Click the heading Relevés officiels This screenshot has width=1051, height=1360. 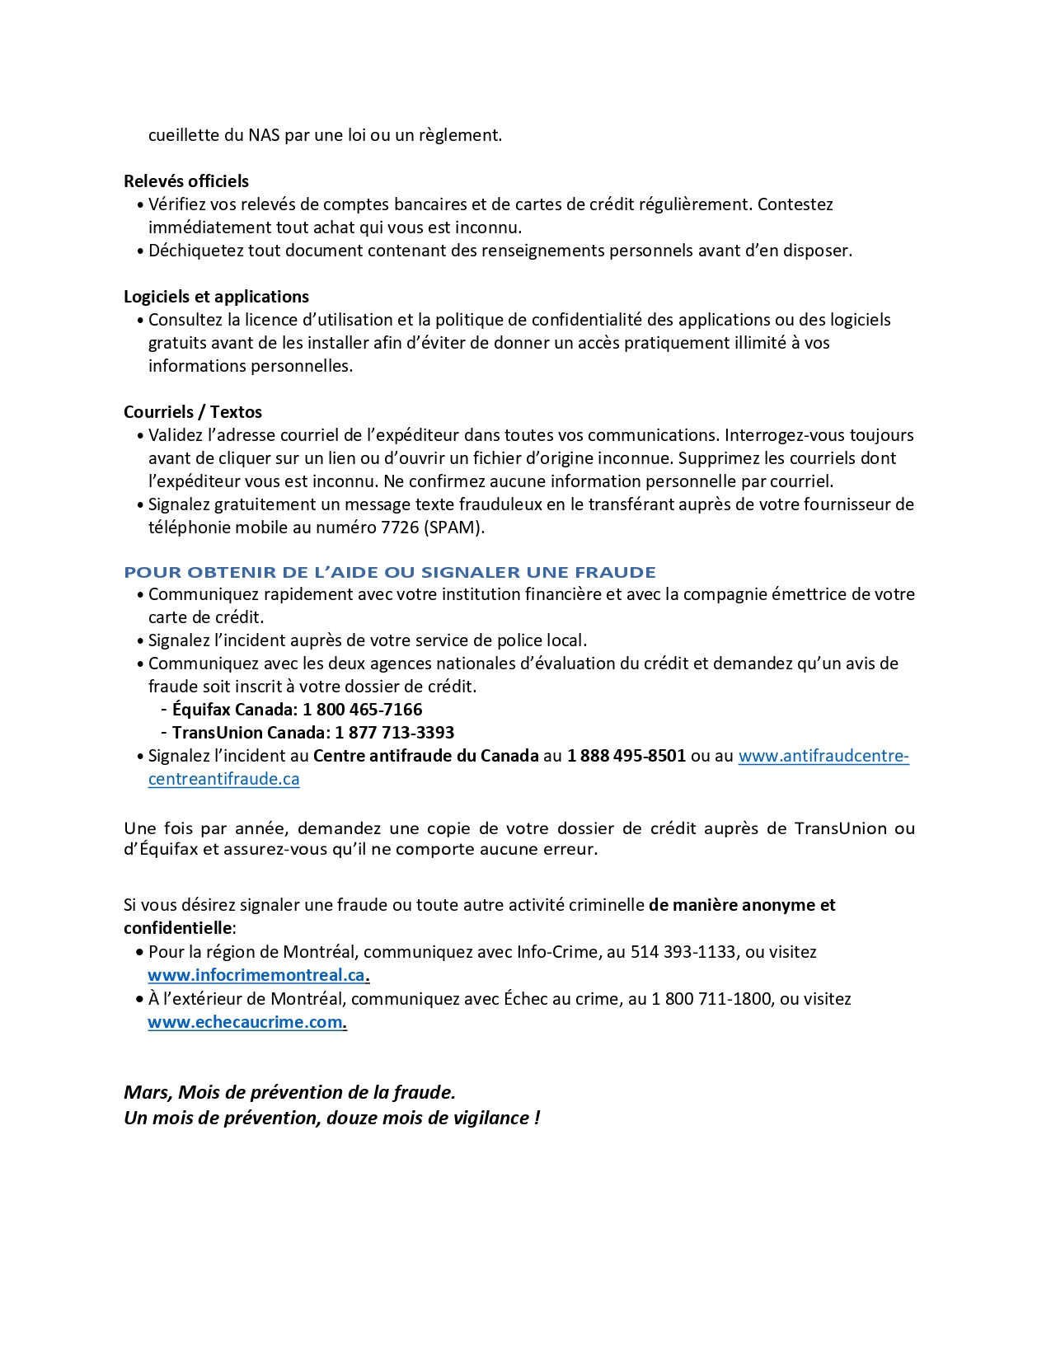point(186,181)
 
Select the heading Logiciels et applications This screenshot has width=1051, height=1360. point(216,297)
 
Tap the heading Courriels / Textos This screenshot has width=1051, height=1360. point(193,412)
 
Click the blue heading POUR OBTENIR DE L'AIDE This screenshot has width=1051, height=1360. point(390,572)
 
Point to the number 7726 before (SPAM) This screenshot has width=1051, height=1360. point(400,528)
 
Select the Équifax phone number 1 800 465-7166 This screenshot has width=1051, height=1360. point(363,710)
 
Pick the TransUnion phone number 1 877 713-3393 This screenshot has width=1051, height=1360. point(395,733)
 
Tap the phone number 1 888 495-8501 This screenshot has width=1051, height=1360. point(626,756)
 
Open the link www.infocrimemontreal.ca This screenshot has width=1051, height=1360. point(256,975)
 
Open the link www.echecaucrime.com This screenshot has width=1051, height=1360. point(246,1022)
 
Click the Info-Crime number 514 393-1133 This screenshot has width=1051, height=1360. point(683,952)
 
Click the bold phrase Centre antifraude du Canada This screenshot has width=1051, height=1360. point(425,756)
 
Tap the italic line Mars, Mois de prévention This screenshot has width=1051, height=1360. point(289,1092)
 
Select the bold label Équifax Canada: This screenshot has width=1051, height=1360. point(235,710)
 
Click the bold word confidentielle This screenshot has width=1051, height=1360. point(177,928)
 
